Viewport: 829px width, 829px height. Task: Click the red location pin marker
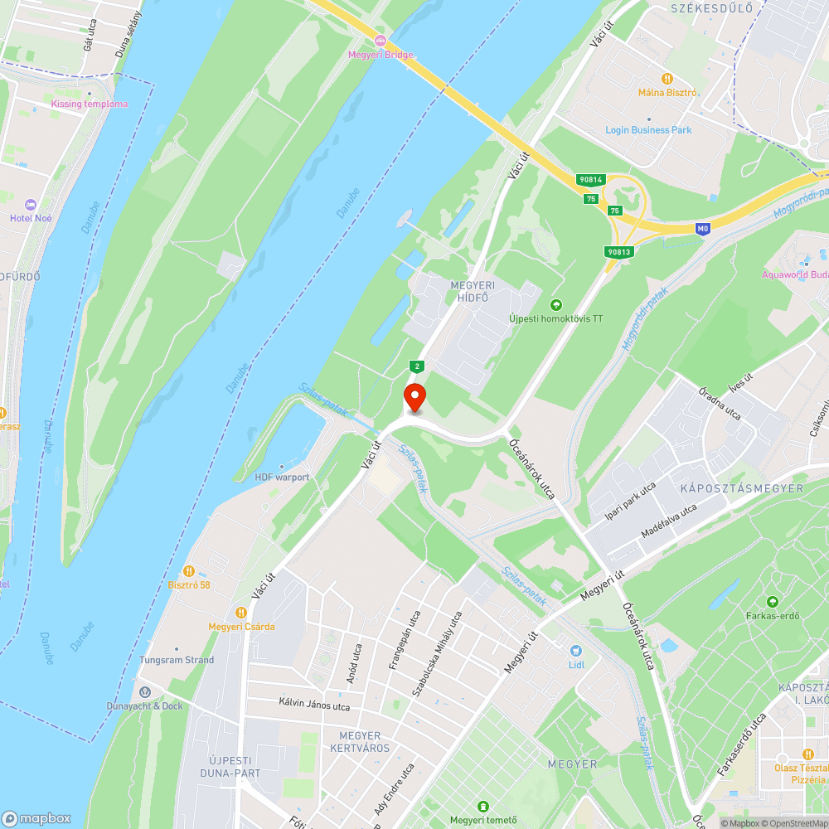(x=414, y=397)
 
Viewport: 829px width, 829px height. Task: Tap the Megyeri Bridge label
(x=381, y=55)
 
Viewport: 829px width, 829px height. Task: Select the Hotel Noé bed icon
(x=32, y=205)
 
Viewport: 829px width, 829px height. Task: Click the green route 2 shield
(x=417, y=366)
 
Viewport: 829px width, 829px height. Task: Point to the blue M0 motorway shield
(x=703, y=228)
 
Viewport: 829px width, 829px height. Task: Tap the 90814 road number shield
(x=591, y=179)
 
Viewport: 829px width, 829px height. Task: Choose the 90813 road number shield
(x=619, y=251)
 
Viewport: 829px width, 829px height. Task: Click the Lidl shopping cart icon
(x=576, y=651)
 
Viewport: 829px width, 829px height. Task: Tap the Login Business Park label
(x=648, y=130)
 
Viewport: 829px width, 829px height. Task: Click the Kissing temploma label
(x=90, y=104)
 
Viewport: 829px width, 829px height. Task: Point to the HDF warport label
(x=282, y=477)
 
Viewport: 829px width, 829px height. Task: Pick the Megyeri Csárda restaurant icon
(x=241, y=613)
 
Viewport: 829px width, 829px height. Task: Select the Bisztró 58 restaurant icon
(x=189, y=570)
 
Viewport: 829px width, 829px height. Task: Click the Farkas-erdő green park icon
(x=773, y=601)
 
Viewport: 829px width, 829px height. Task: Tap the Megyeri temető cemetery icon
(x=483, y=806)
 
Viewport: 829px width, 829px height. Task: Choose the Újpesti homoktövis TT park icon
(x=555, y=304)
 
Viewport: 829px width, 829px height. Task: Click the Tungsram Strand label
(x=176, y=660)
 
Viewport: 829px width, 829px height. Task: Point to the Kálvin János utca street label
(x=314, y=706)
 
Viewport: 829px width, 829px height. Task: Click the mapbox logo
(x=37, y=817)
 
